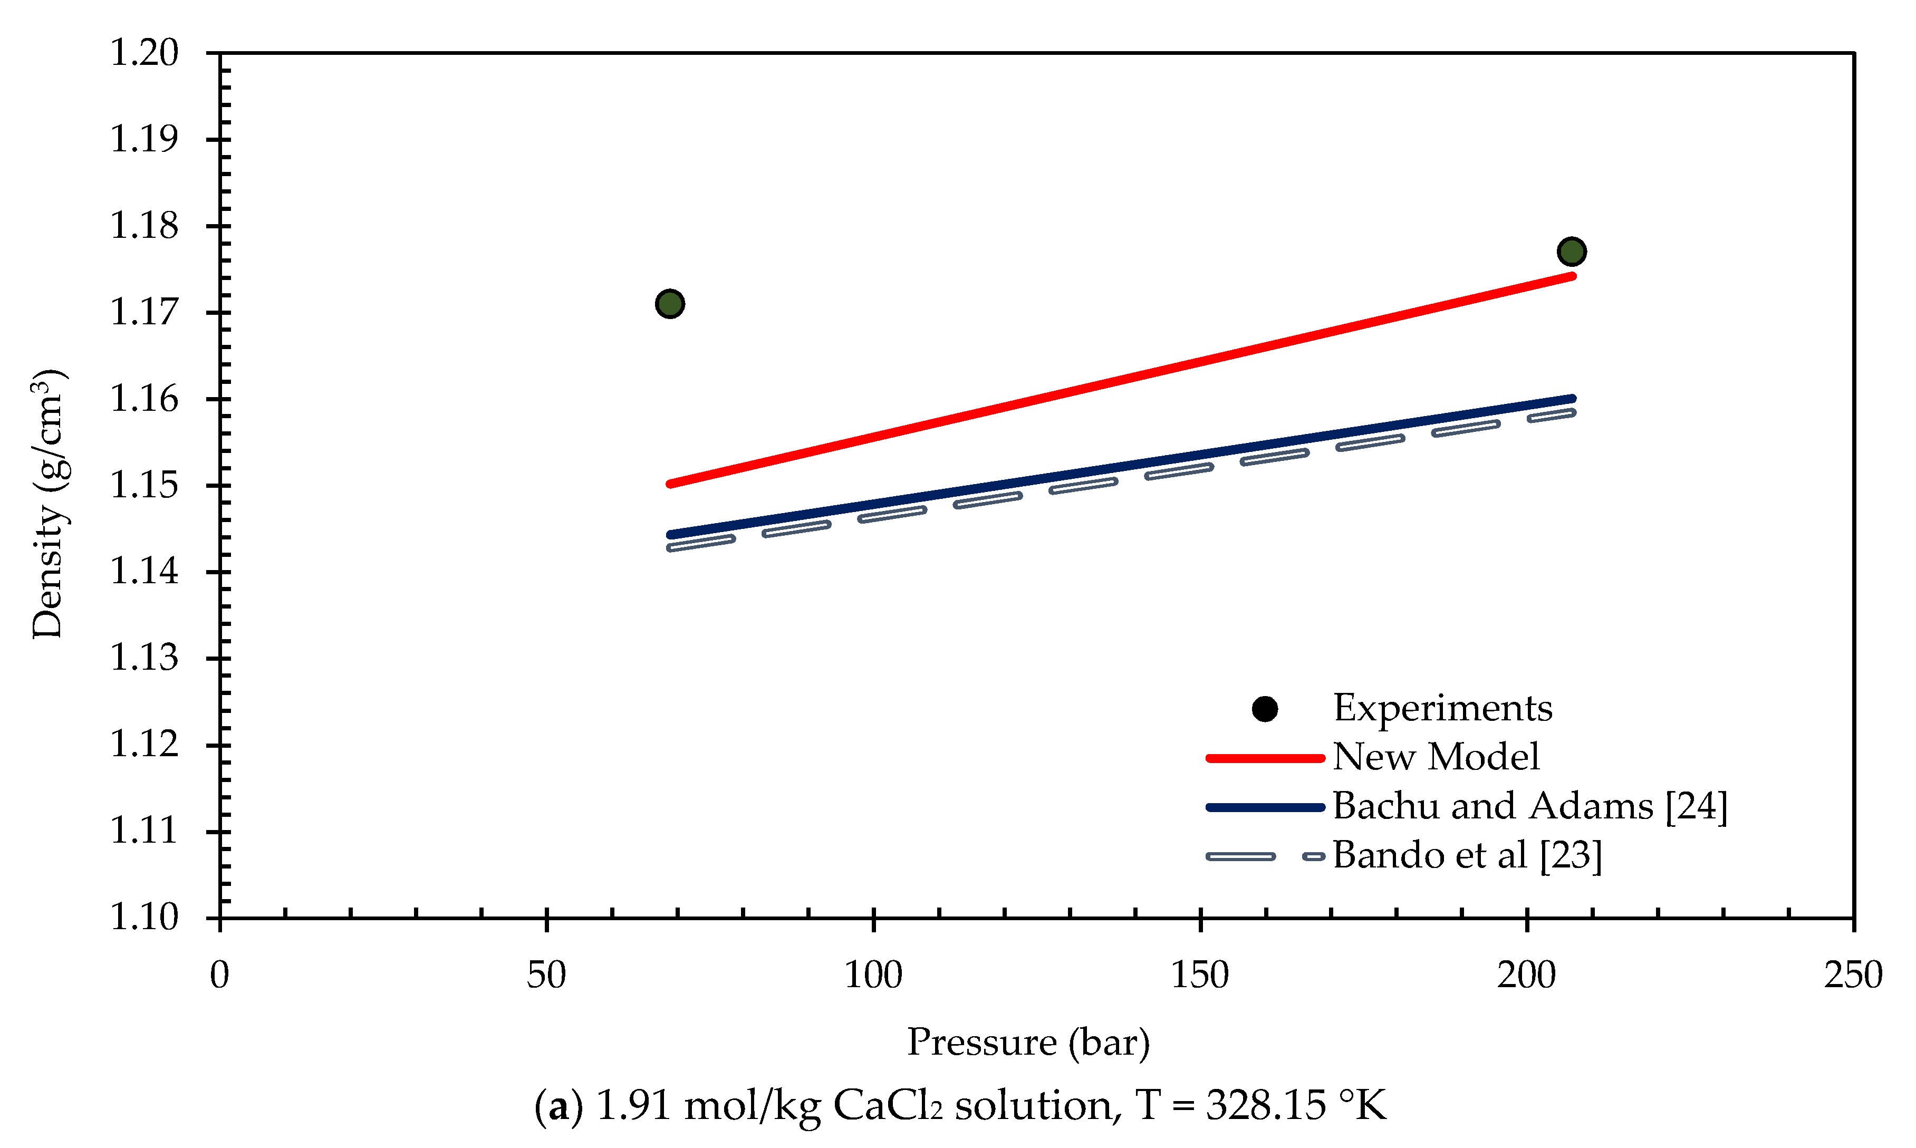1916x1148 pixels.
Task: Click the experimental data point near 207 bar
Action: [x=1571, y=252]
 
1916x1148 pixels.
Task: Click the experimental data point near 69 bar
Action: [x=669, y=303]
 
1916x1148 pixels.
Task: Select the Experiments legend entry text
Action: [x=1442, y=708]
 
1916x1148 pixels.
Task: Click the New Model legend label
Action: [x=1435, y=757]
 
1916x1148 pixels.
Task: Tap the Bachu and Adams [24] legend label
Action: [x=1529, y=806]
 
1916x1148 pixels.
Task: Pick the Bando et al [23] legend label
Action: [x=1467, y=855]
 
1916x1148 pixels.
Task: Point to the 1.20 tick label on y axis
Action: [x=144, y=53]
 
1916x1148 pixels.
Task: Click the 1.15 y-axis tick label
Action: [x=144, y=485]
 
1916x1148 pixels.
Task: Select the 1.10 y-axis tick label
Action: [x=144, y=918]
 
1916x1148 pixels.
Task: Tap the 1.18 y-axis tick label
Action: [x=144, y=226]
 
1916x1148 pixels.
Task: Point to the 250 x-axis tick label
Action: [x=1853, y=976]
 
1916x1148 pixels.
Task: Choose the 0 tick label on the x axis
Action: [x=220, y=976]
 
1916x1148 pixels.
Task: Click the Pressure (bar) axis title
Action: [x=1028, y=1042]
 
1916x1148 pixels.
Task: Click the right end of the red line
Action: [x=1571, y=276]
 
